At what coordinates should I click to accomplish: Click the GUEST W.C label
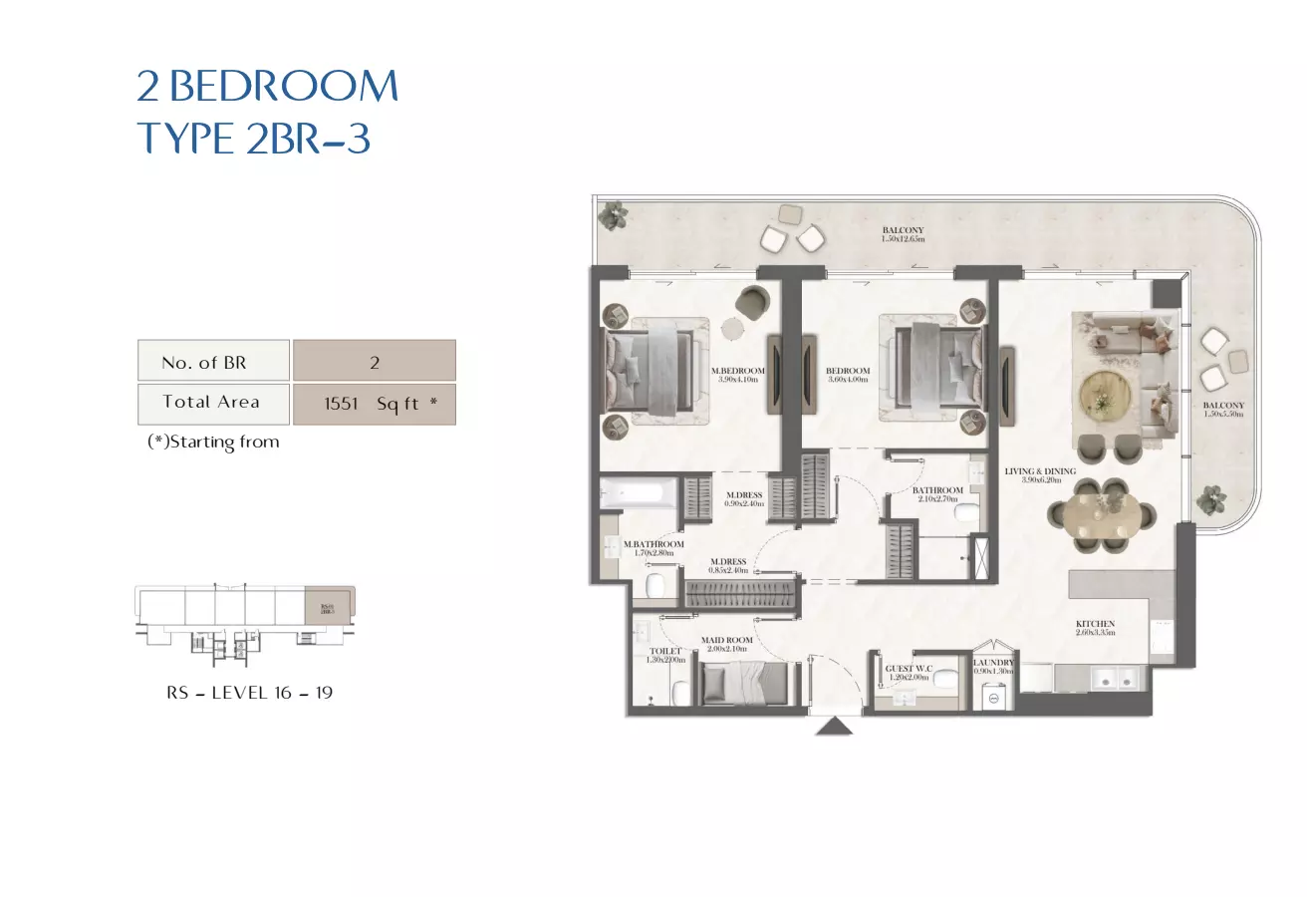908,671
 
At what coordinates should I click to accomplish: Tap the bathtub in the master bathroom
637,491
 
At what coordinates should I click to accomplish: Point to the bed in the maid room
743,685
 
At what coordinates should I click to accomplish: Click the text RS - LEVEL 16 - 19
249,692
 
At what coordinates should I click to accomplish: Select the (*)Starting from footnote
213,442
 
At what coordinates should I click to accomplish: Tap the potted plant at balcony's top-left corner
613,213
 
